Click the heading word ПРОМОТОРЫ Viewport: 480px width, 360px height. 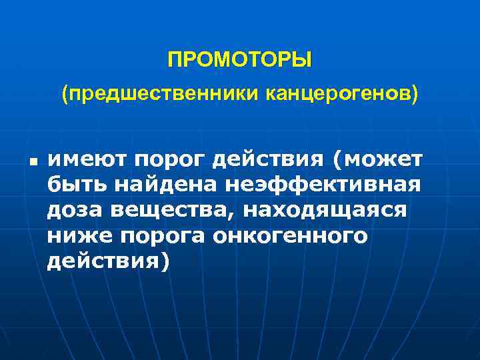tap(239, 61)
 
